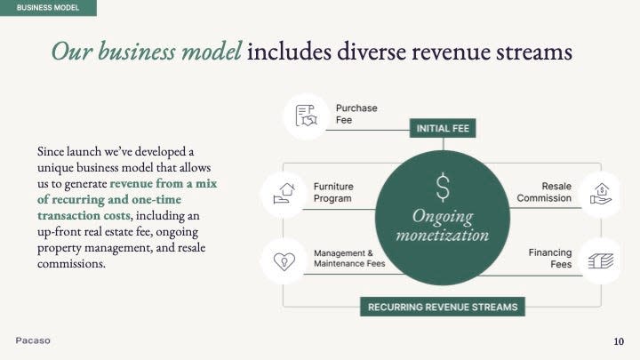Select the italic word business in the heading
[x=140, y=52]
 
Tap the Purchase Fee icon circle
[x=306, y=116]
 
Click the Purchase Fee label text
[x=356, y=115]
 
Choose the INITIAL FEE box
[x=443, y=129]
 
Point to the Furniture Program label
[x=333, y=193]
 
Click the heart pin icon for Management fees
[x=284, y=260]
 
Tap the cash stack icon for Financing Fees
[x=600, y=260]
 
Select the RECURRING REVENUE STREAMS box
[x=443, y=308]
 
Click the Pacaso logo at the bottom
[x=34, y=341]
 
